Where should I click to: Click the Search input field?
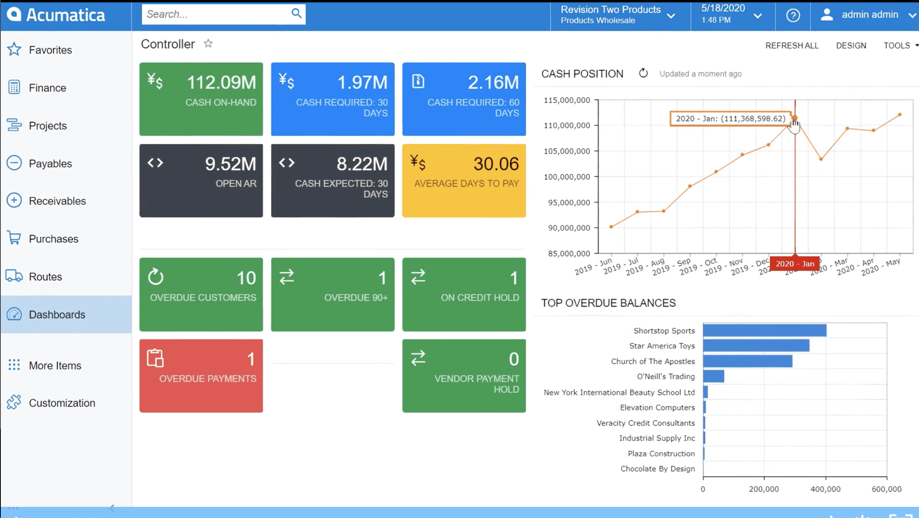click(215, 14)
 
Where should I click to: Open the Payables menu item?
click(50, 163)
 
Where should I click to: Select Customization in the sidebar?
click(62, 403)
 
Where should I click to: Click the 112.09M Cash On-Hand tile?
click(201, 99)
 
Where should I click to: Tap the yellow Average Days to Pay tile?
click(464, 181)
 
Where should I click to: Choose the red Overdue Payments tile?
click(201, 376)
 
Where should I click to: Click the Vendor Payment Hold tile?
click(464, 376)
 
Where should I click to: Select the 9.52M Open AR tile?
click(201, 181)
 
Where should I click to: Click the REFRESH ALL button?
click(792, 45)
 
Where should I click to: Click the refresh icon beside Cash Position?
click(643, 73)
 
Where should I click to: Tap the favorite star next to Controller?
click(208, 43)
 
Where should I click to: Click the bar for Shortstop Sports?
click(764, 330)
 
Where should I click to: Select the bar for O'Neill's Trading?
click(714, 376)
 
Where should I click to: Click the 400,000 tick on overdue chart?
click(825, 489)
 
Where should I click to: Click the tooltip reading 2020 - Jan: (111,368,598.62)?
click(730, 119)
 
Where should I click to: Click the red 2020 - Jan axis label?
click(795, 264)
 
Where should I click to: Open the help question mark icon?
click(793, 16)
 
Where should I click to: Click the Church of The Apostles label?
click(653, 361)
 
